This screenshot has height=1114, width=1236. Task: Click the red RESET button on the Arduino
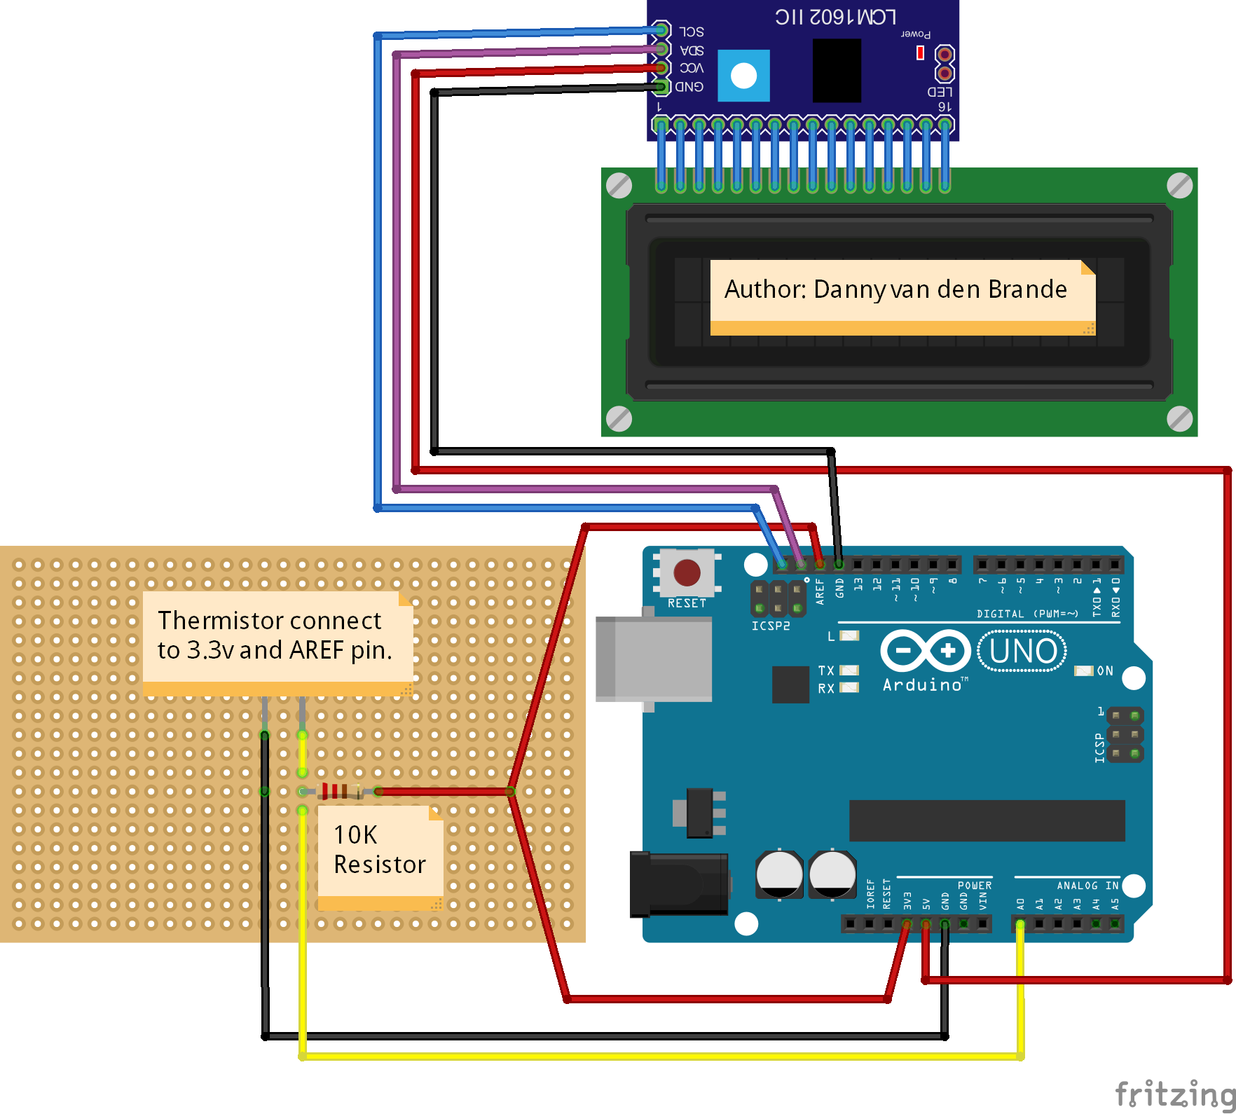click(x=686, y=572)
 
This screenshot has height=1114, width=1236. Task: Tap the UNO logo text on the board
click(x=1022, y=652)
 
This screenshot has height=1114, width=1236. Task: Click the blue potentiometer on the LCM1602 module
click(x=743, y=76)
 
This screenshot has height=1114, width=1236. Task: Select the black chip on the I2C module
click(x=837, y=71)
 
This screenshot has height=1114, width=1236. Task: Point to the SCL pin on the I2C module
click(x=661, y=30)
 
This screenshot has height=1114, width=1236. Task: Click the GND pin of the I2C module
click(x=661, y=87)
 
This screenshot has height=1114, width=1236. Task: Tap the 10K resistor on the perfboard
click(x=340, y=791)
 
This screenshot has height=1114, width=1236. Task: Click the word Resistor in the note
click(x=379, y=865)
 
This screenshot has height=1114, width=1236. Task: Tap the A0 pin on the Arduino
click(x=1020, y=924)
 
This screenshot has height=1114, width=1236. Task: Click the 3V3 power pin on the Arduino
click(x=907, y=924)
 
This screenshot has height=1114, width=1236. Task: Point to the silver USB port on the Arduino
click(x=654, y=659)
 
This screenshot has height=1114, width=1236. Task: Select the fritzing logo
click(x=1174, y=1092)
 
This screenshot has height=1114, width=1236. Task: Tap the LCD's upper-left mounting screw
click(x=619, y=186)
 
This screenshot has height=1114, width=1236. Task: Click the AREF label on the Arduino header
click(x=820, y=591)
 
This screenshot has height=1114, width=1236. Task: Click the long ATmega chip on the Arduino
click(x=986, y=820)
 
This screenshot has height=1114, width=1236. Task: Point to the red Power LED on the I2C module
click(x=920, y=53)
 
